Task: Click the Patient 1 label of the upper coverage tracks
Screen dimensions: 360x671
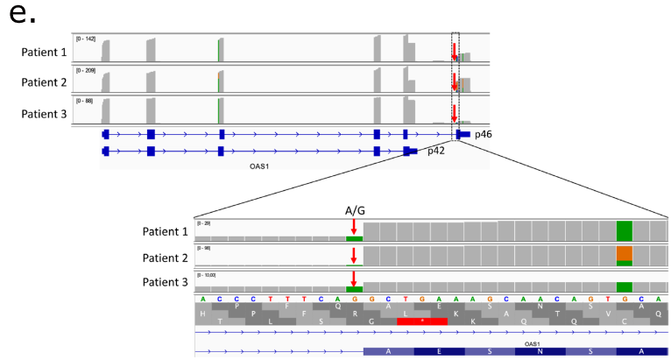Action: click(44, 53)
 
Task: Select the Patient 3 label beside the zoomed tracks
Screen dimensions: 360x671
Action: click(166, 281)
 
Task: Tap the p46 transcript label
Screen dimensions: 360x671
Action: click(484, 135)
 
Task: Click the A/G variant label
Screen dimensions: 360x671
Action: click(354, 210)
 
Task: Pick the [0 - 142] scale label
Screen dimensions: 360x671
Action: click(86, 39)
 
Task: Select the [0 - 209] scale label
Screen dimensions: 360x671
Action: click(86, 70)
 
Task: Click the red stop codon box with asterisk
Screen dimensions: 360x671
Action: click(422, 321)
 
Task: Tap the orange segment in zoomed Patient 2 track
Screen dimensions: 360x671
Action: click(624, 253)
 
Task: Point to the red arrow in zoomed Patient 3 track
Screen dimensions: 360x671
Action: click(354, 279)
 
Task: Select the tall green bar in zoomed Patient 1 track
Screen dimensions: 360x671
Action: click(624, 231)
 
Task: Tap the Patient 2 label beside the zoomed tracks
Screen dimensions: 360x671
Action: click(166, 257)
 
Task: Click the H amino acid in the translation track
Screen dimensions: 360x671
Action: click(203, 312)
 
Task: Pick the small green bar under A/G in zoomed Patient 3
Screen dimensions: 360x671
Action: click(354, 288)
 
